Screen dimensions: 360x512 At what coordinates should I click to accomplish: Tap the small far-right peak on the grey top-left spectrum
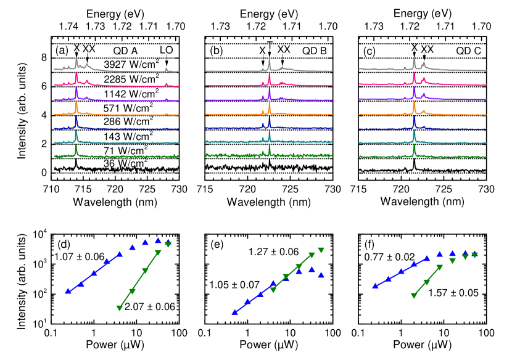coord(167,68)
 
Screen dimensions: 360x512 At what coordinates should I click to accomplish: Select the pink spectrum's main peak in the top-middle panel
coord(270,76)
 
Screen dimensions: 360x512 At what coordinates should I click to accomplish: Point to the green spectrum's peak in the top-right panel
coord(414,148)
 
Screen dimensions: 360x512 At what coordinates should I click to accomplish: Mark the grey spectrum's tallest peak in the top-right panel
coord(414,60)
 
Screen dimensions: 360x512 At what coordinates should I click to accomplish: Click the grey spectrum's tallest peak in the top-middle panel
coord(270,60)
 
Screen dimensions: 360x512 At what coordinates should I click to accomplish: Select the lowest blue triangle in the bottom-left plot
coord(68,291)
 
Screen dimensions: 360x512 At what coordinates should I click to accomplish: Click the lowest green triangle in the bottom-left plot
coord(119,308)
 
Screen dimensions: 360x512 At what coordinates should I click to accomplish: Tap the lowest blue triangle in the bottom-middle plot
coord(234,313)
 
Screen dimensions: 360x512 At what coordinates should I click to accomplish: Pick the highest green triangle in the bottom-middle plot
coord(321,250)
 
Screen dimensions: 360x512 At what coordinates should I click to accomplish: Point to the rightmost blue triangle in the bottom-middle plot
coord(321,275)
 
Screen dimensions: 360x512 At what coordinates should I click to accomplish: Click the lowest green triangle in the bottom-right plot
coord(414,296)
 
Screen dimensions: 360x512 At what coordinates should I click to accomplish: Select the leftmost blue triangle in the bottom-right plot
coord(375,285)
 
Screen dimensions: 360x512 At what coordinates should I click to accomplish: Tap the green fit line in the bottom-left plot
coord(138,280)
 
